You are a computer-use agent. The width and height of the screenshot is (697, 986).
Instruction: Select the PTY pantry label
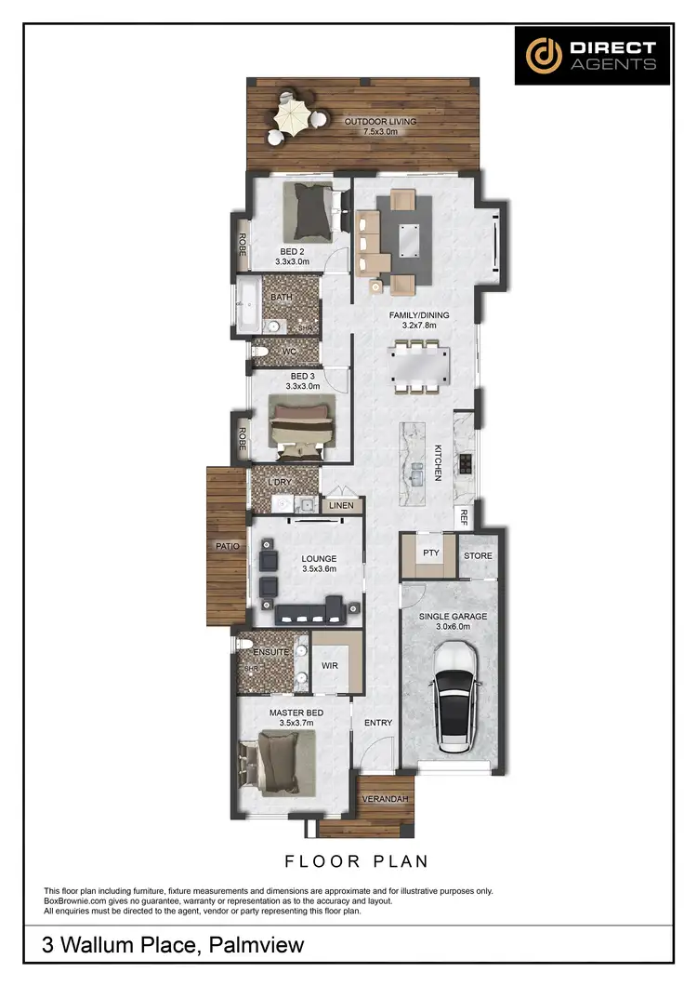[430, 553]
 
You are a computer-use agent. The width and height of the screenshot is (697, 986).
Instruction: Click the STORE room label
[478, 556]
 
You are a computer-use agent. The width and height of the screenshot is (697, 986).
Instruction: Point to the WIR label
[329, 666]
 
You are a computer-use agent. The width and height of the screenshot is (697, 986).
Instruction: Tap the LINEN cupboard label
[339, 505]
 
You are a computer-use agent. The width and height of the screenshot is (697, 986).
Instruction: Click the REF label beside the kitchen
[462, 513]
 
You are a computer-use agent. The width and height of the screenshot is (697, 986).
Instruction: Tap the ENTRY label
[378, 723]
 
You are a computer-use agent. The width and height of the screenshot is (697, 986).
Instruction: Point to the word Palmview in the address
[257, 947]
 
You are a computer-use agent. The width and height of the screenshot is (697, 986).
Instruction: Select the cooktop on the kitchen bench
[466, 462]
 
